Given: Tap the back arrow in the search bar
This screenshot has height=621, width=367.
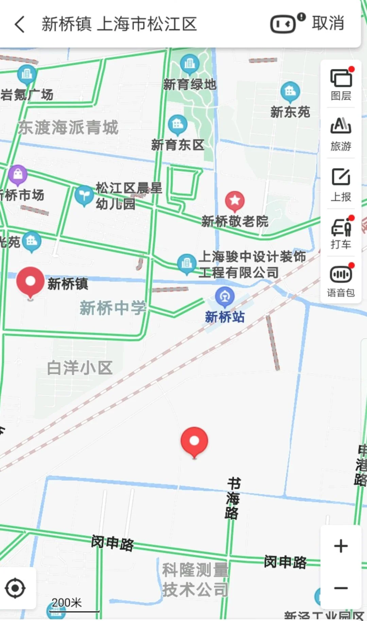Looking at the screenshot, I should click(x=20, y=24).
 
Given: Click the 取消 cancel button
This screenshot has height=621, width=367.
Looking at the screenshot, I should click(x=328, y=23).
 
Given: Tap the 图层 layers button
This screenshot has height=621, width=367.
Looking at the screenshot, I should click(x=341, y=84).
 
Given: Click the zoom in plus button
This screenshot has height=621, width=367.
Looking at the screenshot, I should click(x=341, y=546).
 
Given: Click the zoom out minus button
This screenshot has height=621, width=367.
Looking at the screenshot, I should click(x=341, y=588).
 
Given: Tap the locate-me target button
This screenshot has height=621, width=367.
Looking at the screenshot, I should click(x=15, y=588).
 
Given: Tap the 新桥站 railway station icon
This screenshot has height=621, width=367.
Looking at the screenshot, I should click(x=225, y=296).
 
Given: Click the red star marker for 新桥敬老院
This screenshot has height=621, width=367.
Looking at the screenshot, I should click(x=235, y=201).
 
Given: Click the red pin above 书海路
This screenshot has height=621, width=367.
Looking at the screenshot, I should click(x=194, y=441).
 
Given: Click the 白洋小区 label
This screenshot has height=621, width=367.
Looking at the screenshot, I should click(x=80, y=368).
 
